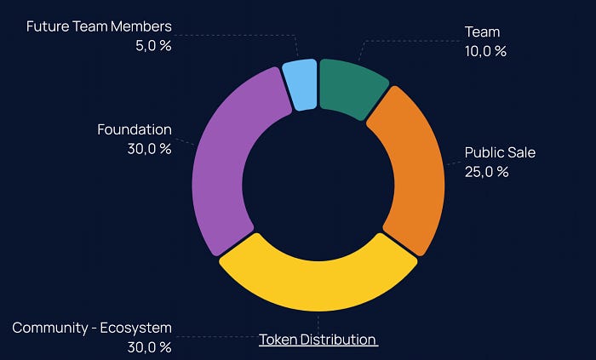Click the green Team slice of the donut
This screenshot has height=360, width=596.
[351, 87]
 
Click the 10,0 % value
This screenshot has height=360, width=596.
[485, 51]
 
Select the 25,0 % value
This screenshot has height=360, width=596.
[486, 172]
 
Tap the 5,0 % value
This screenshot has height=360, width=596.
[153, 46]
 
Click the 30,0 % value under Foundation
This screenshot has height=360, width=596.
[149, 149]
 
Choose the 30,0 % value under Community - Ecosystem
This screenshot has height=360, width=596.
[149, 347]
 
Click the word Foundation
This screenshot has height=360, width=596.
[135, 130]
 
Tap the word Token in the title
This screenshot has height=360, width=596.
[278, 340]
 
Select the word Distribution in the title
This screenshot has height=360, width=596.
[339, 340]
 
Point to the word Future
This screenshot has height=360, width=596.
[49, 26]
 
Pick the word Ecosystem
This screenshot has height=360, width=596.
[134, 329]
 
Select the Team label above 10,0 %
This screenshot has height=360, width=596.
[482, 32]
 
